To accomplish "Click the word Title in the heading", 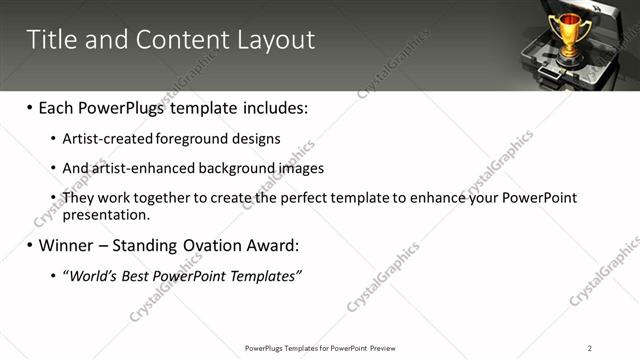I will click(x=49, y=40).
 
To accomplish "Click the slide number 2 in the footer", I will click(x=589, y=348).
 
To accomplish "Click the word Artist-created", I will click(x=101, y=139).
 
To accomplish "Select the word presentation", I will click(x=106, y=214).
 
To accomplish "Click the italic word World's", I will click(x=93, y=275).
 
